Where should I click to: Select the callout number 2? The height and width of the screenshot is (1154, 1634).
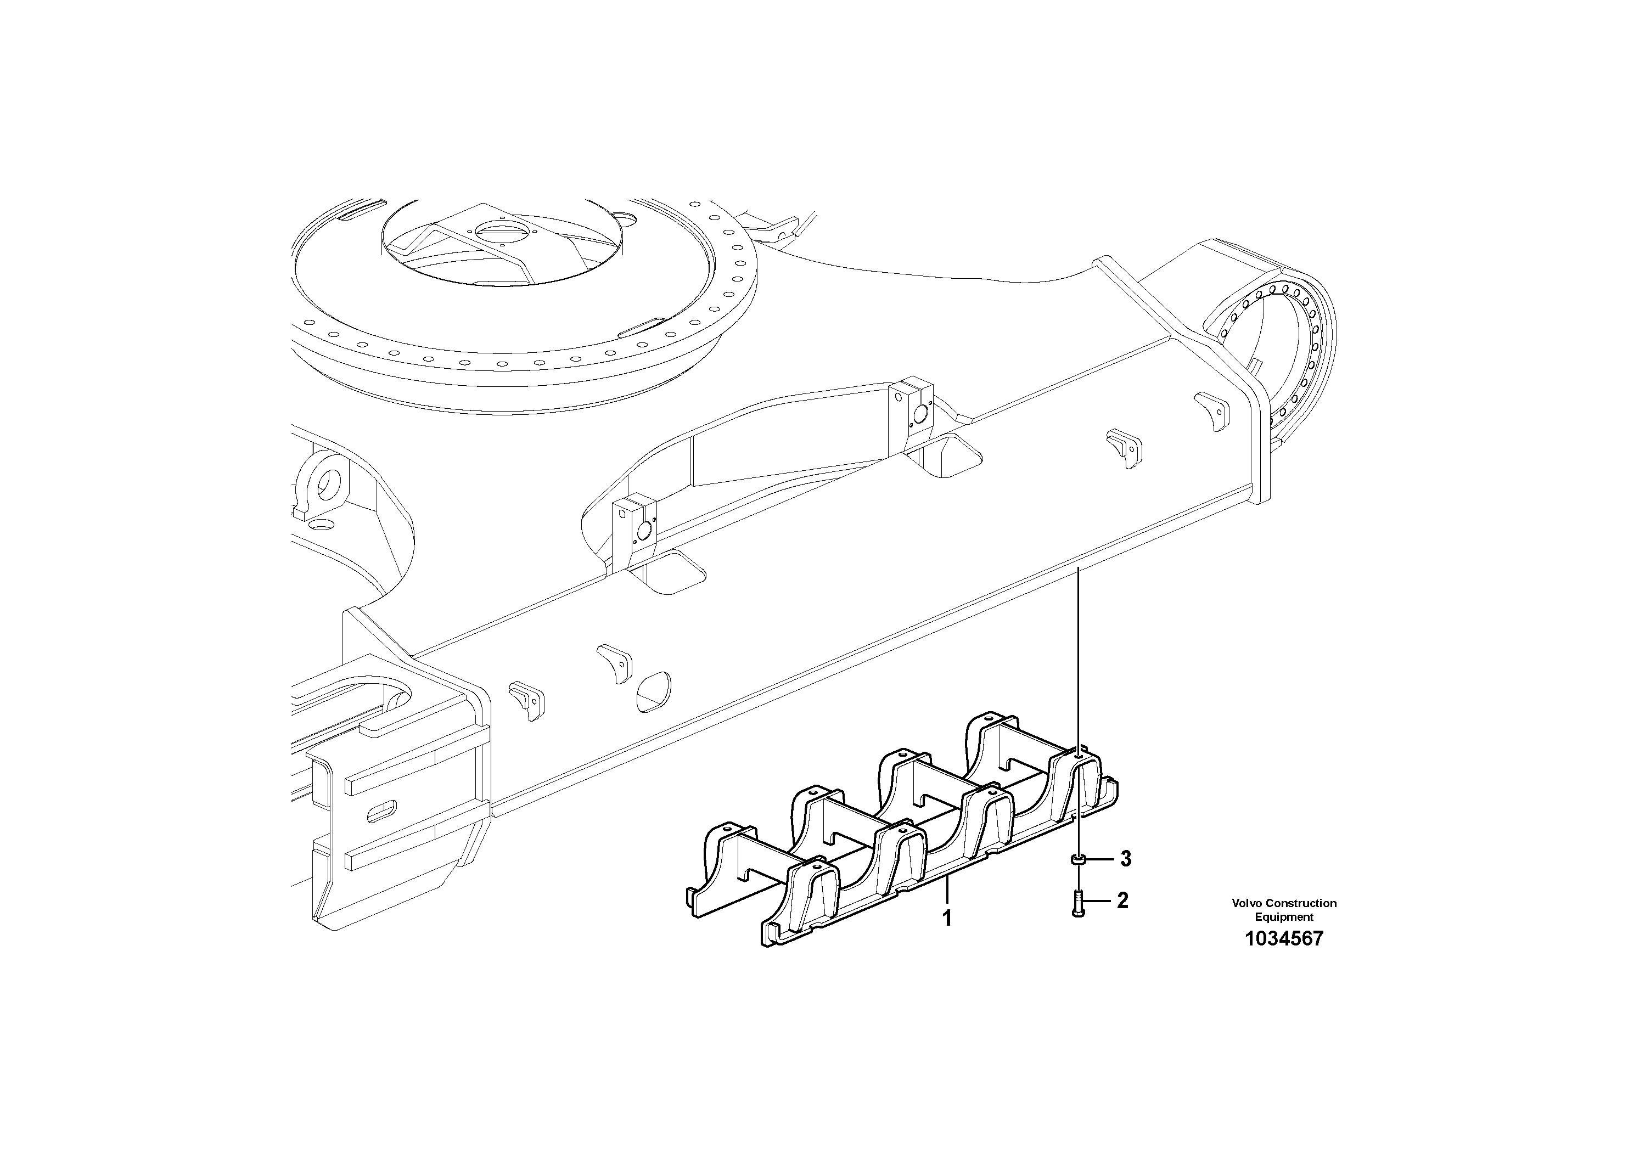1122,900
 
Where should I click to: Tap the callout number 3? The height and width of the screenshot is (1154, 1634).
1125,859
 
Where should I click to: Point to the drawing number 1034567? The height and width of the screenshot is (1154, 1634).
1284,938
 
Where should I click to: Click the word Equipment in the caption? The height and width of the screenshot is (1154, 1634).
1284,917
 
